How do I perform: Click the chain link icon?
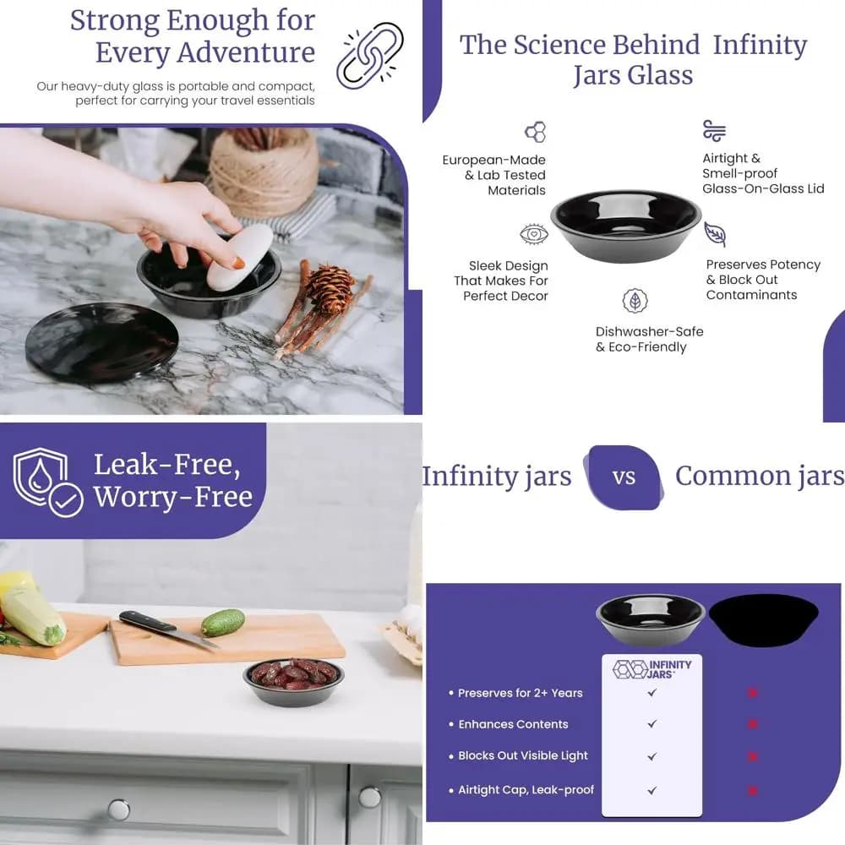[370, 55]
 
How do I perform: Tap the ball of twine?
[264, 171]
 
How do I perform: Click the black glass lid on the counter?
[102, 343]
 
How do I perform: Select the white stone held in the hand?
[240, 258]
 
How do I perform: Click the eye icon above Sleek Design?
[534, 234]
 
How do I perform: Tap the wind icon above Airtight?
[715, 130]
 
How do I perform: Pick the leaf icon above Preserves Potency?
[715, 234]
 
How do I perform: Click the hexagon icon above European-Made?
[536, 132]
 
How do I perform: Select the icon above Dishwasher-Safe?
[635, 301]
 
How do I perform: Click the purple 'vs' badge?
[624, 477]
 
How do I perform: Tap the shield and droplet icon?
[48, 482]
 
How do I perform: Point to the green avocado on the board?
[223, 623]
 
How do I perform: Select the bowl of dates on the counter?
[294, 680]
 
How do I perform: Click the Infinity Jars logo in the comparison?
[652, 669]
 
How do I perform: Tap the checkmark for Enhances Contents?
[652, 724]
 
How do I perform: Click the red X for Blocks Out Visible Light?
[753, 756]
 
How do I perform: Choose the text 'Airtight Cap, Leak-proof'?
[526, 790]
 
